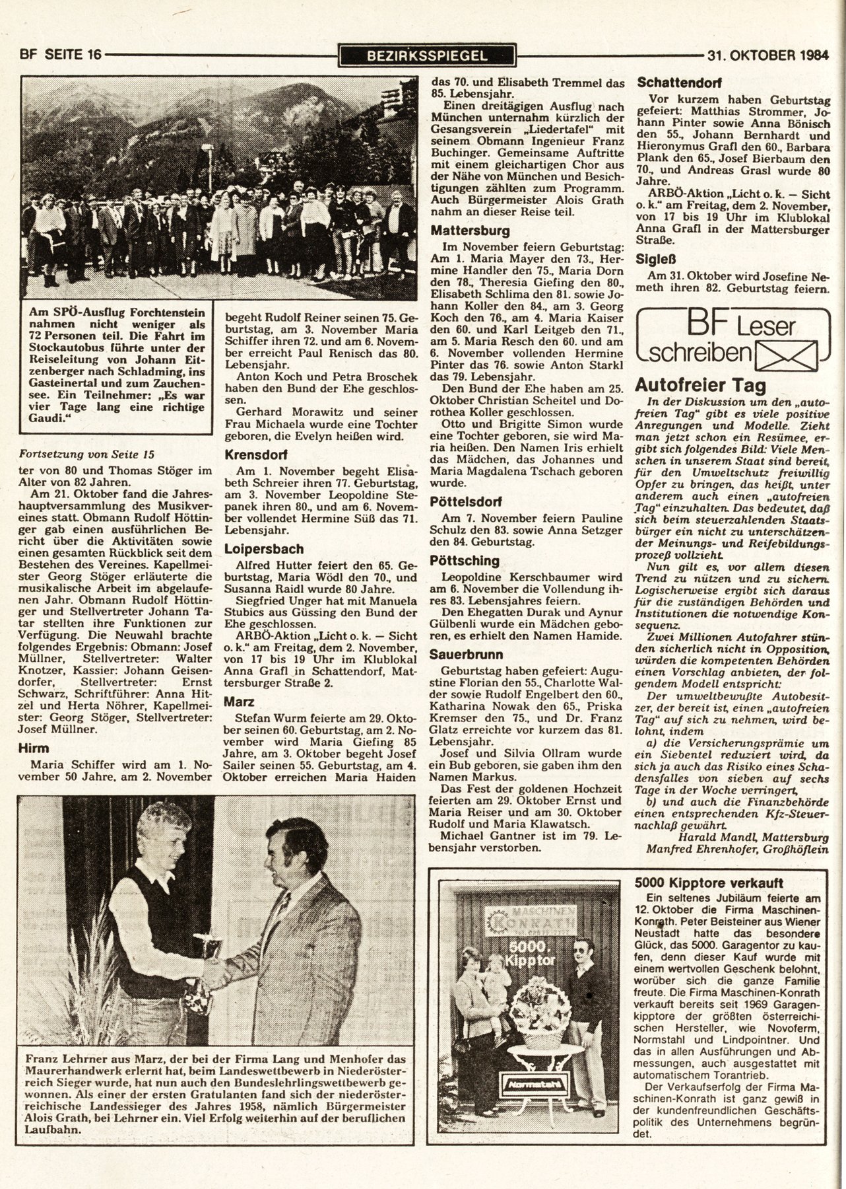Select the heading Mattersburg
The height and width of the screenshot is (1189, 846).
[x=470, y=231]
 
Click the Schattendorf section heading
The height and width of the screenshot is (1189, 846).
[x=678, y=84]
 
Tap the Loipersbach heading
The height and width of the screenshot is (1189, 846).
[x=264, y=548]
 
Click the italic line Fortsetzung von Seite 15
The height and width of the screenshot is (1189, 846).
[x=87, y=454]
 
